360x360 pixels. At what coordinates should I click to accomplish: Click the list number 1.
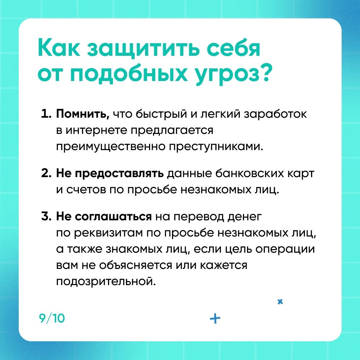pyautogui.click(x=46, y=114)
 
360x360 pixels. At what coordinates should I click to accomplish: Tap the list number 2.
pyautogui.click(x=46, y=174)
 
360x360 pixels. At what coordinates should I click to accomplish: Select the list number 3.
pyautogui.click(x=46, y=216)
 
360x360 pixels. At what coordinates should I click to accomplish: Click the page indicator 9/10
pyautogui.click(x=52, y=319)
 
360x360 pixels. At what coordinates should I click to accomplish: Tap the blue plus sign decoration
pyautogui.click(x=215, y=319)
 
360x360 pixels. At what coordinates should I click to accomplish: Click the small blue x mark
pyautogui.click(x=280, y=302)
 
